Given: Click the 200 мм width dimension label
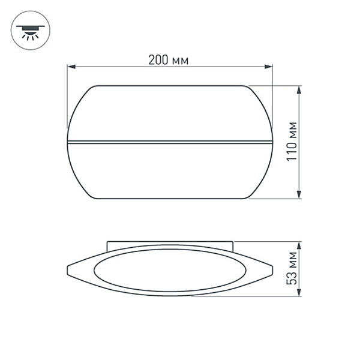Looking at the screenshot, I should (169, 60).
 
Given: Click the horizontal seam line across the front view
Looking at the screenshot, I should (170, 142).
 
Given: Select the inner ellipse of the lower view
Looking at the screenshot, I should (170, 270).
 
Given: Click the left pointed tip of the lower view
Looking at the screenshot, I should (68, 268).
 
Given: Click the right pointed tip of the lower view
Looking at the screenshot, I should (272, 268).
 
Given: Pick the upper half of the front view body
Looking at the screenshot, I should (170, 114).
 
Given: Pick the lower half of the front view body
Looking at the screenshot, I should (170, 171).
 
